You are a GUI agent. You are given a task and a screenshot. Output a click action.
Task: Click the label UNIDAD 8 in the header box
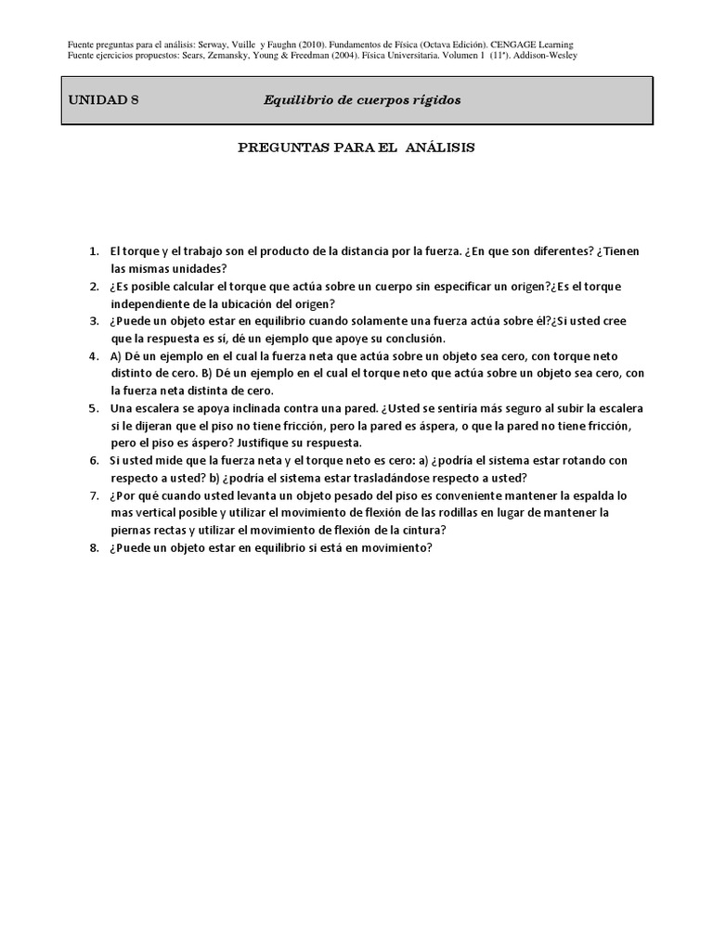pyautogui.click(x=103, y=99)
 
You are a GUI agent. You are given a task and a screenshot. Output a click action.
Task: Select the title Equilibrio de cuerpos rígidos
pyautogui.click(x=362, y=99)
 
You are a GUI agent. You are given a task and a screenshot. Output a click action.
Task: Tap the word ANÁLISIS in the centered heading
pyautogui.click(x=440, y=148)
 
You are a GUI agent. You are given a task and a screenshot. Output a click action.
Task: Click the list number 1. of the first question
pyautogui.click(x=94, y=251)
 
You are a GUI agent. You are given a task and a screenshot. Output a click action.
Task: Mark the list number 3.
pyautogui.click(x=94, y=321)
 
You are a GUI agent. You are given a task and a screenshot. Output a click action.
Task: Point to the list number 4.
pyautogui.click(x=94, y=355)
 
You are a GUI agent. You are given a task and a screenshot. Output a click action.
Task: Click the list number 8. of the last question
pyautogui.click(x=94, y=547)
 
